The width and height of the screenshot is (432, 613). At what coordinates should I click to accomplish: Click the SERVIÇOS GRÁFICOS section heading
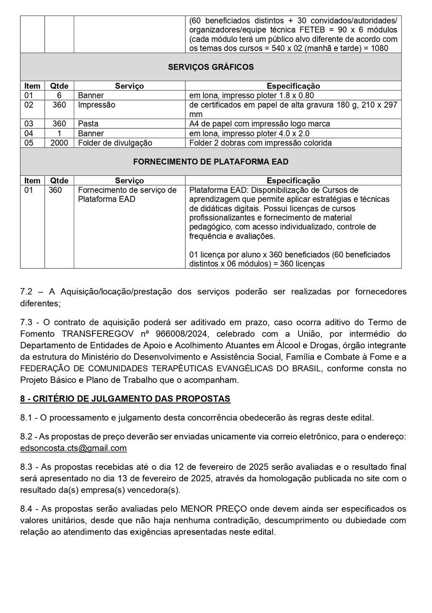(x=211, y=67)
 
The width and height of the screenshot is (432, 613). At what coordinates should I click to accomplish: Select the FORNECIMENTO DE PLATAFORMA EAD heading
(x=211, y=162)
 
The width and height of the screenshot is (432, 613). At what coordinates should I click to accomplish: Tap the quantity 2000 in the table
(x=59, y=143)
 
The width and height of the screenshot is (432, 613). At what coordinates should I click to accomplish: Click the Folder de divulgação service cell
(x=115, y=143)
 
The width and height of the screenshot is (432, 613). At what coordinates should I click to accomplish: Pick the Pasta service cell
(x=88, y=124)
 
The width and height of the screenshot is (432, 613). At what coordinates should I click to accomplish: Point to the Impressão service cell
(x=96, y=105)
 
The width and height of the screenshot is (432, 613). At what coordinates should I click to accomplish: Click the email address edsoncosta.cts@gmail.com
(x=73, y=448)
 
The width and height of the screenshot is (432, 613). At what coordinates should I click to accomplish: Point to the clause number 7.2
(x=26, y=292)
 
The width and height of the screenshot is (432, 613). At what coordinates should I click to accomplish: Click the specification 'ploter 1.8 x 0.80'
(x=287, y=95)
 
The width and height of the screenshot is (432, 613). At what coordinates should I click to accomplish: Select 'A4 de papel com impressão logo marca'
(x=259, y=124)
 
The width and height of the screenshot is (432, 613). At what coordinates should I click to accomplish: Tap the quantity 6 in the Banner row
(x=59, y=95)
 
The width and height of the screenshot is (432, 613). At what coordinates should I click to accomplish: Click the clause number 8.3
(x=26, y=467)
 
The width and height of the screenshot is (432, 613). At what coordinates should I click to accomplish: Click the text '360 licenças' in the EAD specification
(x=304, y=264)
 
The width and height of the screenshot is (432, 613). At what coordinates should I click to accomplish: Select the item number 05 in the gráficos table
(x=29, y=143)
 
